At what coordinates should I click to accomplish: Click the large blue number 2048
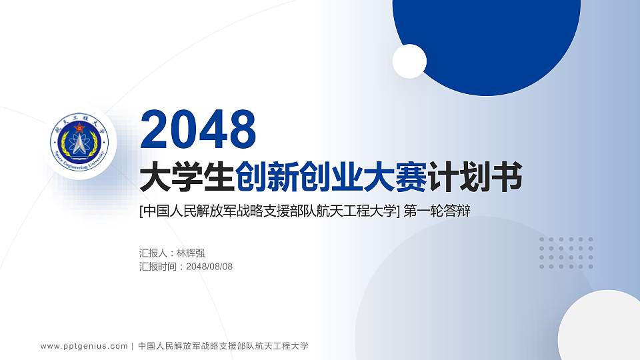199,130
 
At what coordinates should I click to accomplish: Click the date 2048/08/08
210,267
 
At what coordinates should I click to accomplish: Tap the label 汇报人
153,253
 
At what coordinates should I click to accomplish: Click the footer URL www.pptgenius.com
84,346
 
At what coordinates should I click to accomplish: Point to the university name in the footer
223,346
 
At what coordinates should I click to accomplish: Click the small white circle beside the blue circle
409,61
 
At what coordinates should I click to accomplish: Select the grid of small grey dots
566,253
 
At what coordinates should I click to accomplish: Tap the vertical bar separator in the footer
133,346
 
